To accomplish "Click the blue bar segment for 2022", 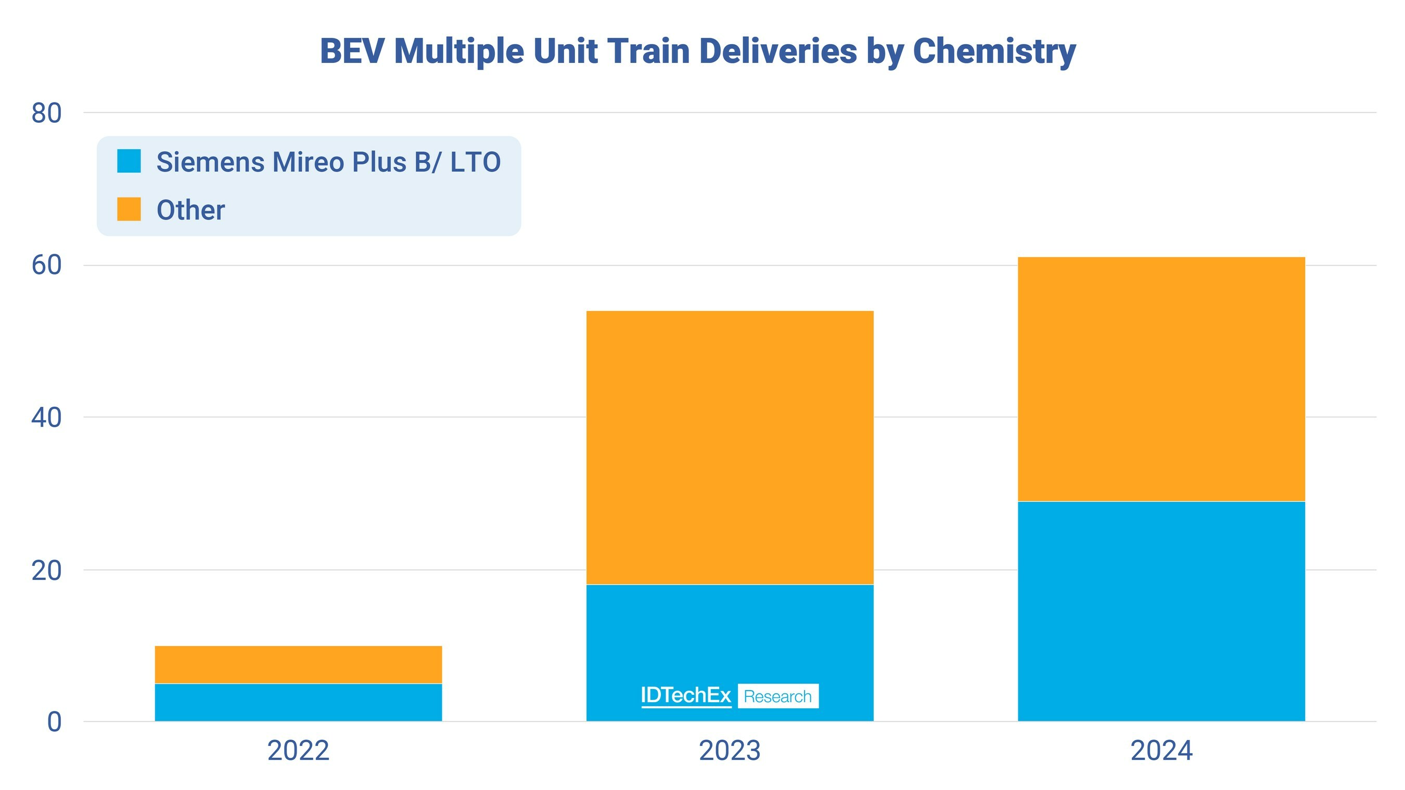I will pos(298,702).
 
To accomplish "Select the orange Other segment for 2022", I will pos(298,665).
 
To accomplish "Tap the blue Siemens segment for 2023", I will pos(730,632).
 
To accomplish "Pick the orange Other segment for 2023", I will pos(730,447).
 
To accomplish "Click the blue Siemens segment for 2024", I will pos(1161,611).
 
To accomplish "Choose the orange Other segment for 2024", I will pos(1161,379).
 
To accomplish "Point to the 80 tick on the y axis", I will pos(46,113).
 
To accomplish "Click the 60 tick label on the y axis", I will pos(46,266).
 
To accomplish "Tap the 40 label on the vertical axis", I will pos(46,418).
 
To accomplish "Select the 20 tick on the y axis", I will pos(46,571).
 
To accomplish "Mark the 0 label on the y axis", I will pos(55,722).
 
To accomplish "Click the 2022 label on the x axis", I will pos(298,751).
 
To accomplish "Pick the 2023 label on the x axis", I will pos(730,751).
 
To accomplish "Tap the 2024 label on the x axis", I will pos(1161,751).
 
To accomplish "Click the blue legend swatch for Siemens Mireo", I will pos(129,161).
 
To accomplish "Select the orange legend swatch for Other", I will pos(129,210).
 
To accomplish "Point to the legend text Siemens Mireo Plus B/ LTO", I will pos(328,162).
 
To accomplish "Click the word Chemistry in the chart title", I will pos(994,52).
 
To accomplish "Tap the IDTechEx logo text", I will pos(686,695).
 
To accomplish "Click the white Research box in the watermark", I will pos(778,696).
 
